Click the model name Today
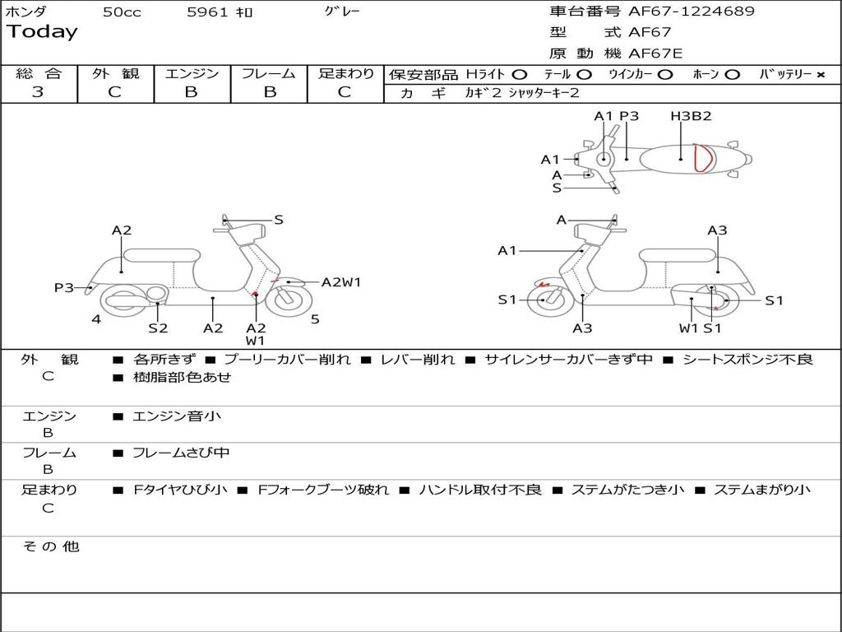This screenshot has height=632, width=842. (42, 32)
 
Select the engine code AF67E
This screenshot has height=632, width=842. (655, 54)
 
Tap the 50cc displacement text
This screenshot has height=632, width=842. (122, 12)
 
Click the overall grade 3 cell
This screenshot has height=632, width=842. (38, 92)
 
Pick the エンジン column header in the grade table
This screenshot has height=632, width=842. (192, 73)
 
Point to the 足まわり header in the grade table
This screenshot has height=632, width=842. (345, 73)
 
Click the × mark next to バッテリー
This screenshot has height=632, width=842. (820, 74)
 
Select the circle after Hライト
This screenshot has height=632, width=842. (520, 74)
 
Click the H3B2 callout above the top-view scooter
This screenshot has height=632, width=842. (691, 116)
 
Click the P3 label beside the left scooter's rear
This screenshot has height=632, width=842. (64, 287)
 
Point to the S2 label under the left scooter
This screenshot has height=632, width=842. (158, 328)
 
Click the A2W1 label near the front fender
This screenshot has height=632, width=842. (341, 281)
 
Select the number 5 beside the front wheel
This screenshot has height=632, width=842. (315, 319)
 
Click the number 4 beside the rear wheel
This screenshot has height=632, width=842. (96, 319)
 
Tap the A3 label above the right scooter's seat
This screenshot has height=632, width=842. (717, 230)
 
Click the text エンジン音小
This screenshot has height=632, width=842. (177, 416)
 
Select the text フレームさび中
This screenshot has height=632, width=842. (181, 453)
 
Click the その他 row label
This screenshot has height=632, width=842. (50, 546)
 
